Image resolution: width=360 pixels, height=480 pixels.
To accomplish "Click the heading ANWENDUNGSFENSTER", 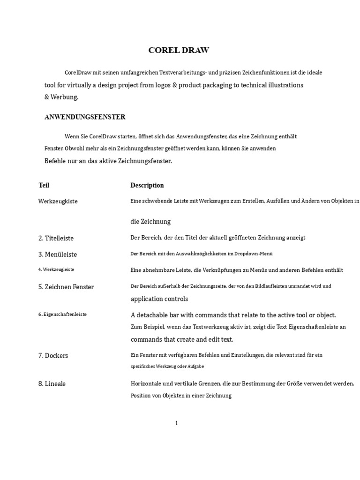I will coord(84,117).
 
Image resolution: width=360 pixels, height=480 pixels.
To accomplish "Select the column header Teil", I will coord(44,185).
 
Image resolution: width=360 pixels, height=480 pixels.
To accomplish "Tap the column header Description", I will coord(147,185).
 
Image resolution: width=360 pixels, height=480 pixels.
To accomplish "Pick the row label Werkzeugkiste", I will coord(58,201).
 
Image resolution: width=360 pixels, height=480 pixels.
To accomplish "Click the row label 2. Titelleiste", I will coord(56,238).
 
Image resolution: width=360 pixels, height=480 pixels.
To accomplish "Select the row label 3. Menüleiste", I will coord(58,254).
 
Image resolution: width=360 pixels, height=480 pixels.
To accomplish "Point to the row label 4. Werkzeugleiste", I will coord(56,270).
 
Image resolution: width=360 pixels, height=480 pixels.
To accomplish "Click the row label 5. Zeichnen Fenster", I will coord(66,286).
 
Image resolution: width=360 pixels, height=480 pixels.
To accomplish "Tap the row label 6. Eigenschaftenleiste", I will coord(62,315).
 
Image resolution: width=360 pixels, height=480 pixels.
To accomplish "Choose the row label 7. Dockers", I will coord(53,355).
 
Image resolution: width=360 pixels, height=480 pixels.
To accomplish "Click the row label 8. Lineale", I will coord(52,383).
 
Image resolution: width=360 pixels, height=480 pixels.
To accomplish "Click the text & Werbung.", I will coord(61,97).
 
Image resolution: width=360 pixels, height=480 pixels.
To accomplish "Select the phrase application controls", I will coord(159,299).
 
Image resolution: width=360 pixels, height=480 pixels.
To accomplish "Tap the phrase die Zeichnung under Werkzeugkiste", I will coord(150,221).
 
